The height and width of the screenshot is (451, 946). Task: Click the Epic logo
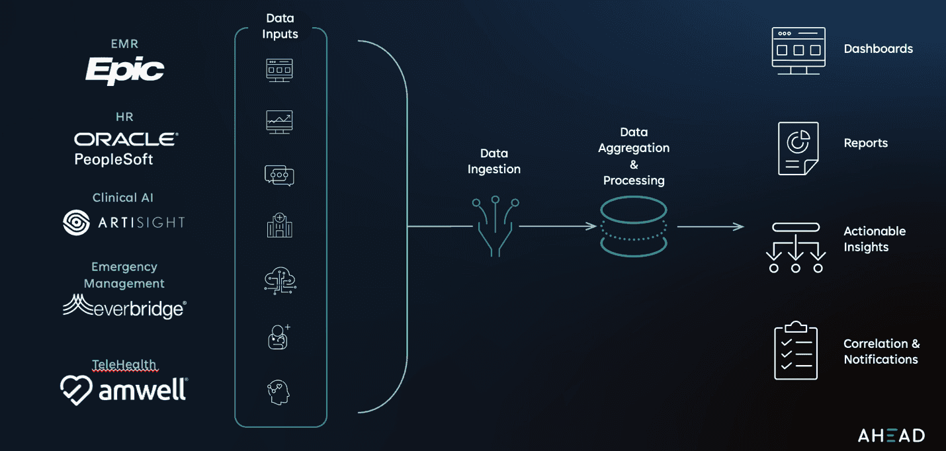tap(124, 70)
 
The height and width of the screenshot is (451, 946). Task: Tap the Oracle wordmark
tap(126, 139)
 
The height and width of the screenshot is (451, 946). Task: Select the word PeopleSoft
tap(114, 159)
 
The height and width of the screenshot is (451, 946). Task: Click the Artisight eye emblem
tap(76, 223)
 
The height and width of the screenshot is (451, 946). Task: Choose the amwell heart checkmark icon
tap(76, 389)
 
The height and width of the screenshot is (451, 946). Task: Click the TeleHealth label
tap(124, 364)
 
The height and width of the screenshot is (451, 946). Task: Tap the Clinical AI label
tap(123, 198)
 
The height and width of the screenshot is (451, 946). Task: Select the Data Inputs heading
tap(280, 26)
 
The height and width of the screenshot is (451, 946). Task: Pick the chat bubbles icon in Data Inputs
tap(279, 175)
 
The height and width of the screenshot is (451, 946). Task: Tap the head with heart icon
tap(279, 392)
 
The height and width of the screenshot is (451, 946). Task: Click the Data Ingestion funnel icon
tap(495, 225)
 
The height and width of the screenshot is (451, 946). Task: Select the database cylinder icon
tap(634, 227)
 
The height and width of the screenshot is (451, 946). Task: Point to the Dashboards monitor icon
tap(798, 50)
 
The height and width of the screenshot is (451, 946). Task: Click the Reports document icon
tap(798, 148)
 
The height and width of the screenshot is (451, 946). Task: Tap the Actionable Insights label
tap(875, 239)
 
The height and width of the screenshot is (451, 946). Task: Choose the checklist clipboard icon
tap(796, 350)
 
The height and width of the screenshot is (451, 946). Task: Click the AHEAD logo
tap(891, 435)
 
